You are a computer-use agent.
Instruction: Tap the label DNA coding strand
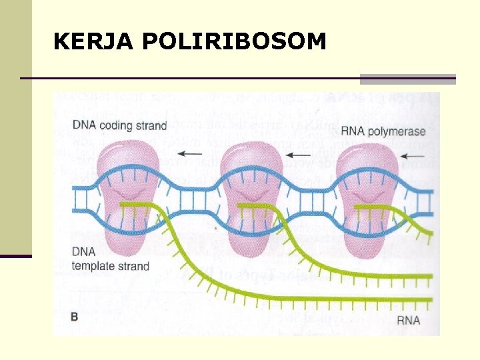click(x=119, y=125)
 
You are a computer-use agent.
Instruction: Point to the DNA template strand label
click(x=111, y=260)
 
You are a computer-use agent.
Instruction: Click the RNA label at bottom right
click(x=408, y=320)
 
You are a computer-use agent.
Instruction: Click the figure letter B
click(x=75, y=317)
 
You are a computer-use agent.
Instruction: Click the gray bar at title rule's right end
click(x=407, y=79)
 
